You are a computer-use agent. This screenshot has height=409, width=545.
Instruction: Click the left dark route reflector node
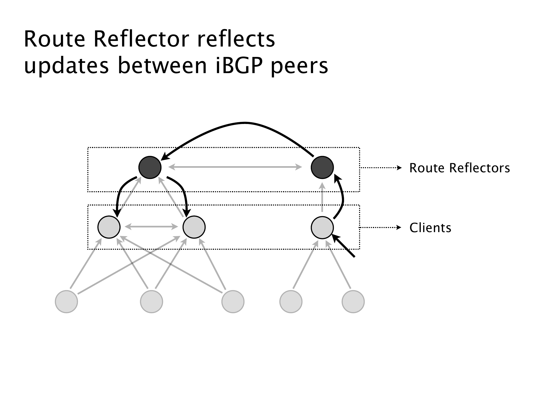tap(150, 167)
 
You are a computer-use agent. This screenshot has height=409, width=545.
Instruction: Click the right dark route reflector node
tap(322, 167)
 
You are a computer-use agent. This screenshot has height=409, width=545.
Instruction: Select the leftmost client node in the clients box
tap(109, 227)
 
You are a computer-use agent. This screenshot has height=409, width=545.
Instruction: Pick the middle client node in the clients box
tap(194, 227)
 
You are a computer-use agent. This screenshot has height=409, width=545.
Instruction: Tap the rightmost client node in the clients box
tap(322, 228)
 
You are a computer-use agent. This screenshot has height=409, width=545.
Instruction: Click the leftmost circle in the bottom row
tap(66, 302)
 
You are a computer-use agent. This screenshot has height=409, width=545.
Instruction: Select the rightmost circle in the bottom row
tap(353, 302)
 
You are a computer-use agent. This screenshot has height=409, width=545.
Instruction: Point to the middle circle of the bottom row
tap(233, 302)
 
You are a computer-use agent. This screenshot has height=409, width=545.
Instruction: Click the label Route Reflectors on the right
tap(459, 168)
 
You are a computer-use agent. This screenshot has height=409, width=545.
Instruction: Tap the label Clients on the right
tap(430, 228)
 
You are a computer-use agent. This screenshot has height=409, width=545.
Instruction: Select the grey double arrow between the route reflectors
tap(235, 167)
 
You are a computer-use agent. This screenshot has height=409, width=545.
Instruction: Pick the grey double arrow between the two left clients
tap(151, 227)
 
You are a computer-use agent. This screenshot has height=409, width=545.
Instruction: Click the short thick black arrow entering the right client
tap(344, 246)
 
